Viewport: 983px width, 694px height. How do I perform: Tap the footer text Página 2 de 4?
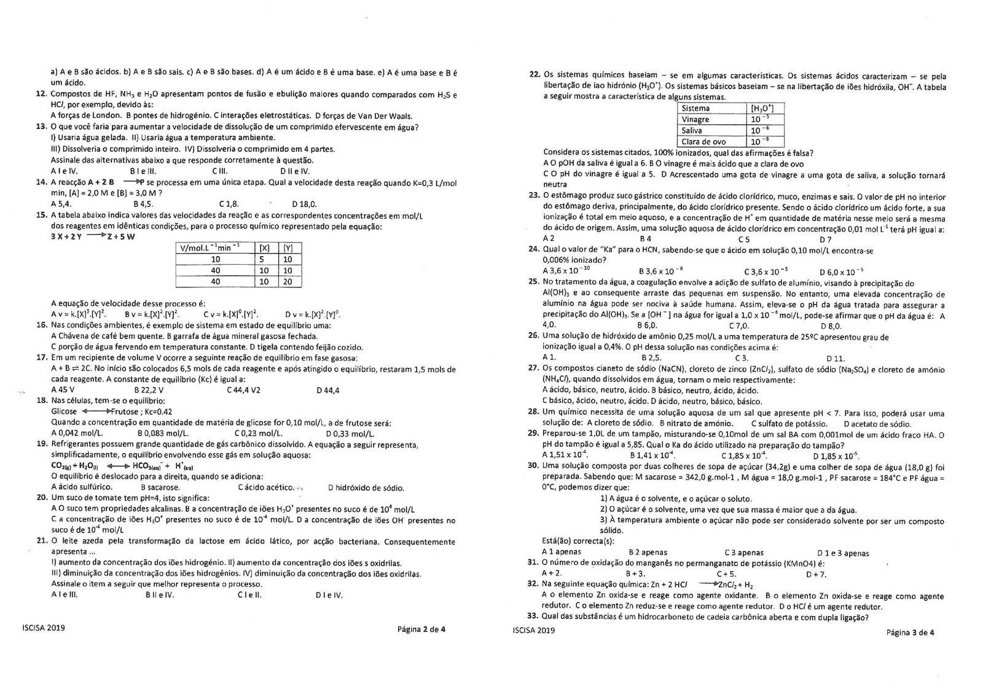[421, 628]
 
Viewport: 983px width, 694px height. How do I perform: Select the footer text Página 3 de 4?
[910, 632]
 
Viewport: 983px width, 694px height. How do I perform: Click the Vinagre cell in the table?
[695, 119]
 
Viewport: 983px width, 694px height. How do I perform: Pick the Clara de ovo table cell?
[703, 142]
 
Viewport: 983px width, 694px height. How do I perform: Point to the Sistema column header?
[695, 108]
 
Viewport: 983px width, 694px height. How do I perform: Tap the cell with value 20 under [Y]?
[288, 281]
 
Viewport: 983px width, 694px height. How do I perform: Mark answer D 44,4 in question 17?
[328, 390]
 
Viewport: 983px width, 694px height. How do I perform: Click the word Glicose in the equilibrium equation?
[65, 411]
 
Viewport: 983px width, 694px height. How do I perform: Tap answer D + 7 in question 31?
[816, 574]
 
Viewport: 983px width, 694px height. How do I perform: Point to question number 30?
[533, 466]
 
